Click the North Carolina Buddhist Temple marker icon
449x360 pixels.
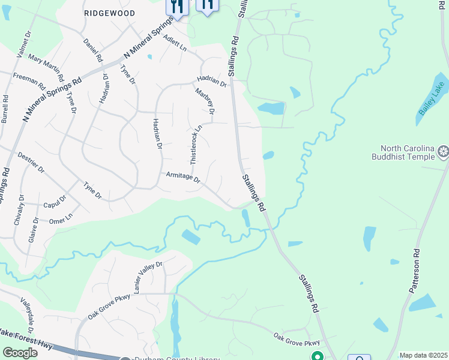point(444,152)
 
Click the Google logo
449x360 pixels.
point(20,353)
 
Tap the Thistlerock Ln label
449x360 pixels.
point(196,145)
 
